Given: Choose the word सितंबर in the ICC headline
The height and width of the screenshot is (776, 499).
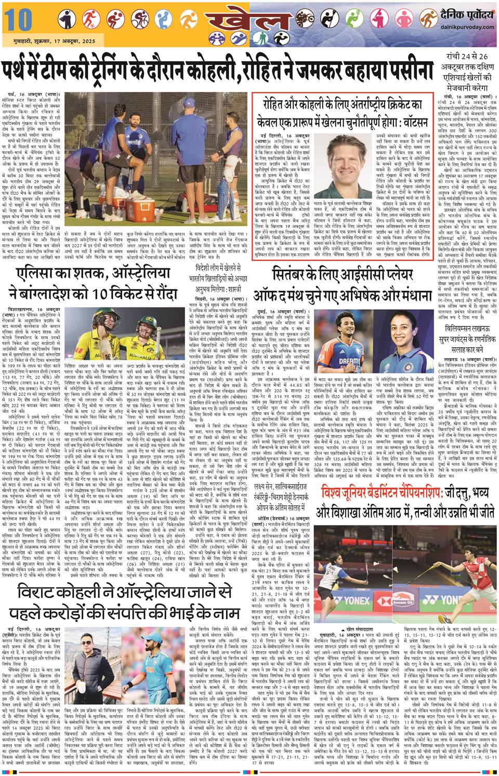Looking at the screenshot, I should pos(296,276).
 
